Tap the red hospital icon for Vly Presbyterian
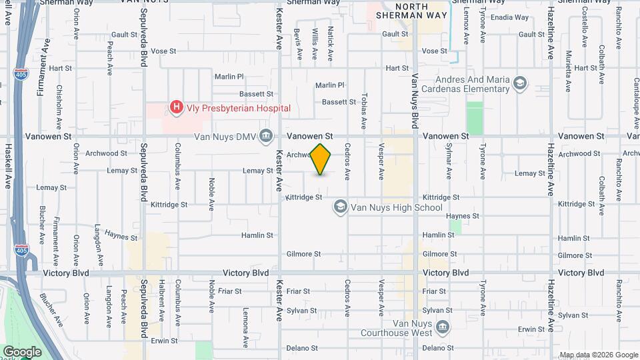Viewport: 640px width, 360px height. [176, 107]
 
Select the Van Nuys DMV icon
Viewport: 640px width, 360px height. [266, 136]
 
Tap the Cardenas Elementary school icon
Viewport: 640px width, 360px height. [520, 83]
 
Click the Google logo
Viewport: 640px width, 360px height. [22, 351]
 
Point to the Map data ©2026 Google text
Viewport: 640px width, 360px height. [598, 355]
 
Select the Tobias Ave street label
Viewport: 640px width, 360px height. [364, 109]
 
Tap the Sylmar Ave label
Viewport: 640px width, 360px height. [449, 161]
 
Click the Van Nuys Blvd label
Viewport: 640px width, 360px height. [415, 101]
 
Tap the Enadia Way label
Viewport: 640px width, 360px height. [509, 17]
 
